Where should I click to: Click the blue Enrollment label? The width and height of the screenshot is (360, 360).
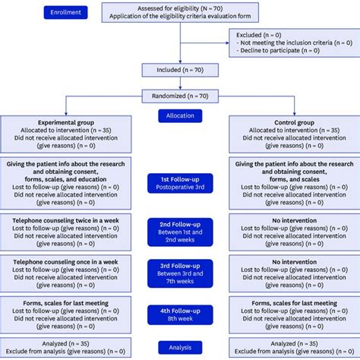(x=65, y=13)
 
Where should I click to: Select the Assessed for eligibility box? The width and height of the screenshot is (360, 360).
(x=179, y=12)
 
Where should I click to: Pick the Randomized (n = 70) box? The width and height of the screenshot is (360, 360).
(x=179, y=96)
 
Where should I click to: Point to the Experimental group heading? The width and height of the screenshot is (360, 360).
(x=66, y=122)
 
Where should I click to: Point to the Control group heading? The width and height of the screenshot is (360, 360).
(x=293, y=122)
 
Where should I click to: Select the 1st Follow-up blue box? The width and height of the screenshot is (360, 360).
(x=180, y=182)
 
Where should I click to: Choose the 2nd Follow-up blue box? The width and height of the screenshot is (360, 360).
(x=180, y=231)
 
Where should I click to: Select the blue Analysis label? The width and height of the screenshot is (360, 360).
(x=180, y=347)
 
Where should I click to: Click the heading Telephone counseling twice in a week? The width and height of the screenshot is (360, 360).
(x=66, y=219)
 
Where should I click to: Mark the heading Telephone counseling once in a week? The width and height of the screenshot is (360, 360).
(x=66, y=261)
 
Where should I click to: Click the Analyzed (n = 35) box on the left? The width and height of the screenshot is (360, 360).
(x=66, y=347)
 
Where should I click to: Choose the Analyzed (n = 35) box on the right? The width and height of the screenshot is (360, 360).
(x=293, y=347)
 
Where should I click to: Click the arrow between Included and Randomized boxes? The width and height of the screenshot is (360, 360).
(x=179, y=84)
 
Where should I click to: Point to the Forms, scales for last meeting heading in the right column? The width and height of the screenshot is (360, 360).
(x=293, y=303)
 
